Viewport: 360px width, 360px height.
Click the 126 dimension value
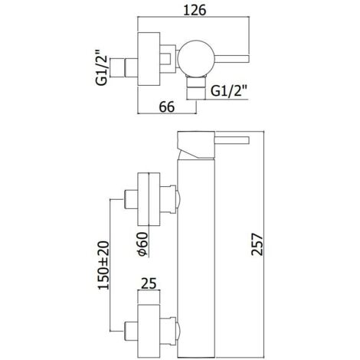pyautogui.click(x=195, y=10)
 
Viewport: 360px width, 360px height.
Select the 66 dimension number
pyautogui.click(x=167, y=106)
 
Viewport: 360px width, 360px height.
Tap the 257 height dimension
pyautogui.click(x=257, y=244)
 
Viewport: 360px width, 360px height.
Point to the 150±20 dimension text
pyautogui.click(x=103, y=265)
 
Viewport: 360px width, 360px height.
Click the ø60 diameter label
pyautogui.click(x=142, y=244)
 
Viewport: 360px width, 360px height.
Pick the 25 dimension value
pyautogui.click(x=149, y=283)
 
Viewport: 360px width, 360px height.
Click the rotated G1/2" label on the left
pyautogui.click(x=102, y=67)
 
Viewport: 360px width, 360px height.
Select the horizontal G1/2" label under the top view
pyautogui.click(x=229, y=91)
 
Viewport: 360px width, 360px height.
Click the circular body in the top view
pyautogui.click(x=196, y=59)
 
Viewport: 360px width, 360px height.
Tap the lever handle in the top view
pyautogui.click(x=231, y=58)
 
